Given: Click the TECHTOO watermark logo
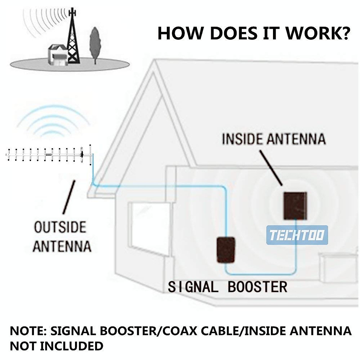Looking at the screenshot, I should coord(297,235).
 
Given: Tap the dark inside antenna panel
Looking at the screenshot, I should coord(295,205).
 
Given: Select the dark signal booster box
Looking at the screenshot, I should coord(226,250).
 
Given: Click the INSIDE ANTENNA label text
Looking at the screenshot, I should coord(274,139).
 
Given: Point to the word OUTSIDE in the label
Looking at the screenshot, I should coord(60,227).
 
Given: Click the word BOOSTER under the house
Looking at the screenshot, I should coord(257,287).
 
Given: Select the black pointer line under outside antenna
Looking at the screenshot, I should coord(69,196).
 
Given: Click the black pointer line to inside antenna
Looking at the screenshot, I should coord(271,168).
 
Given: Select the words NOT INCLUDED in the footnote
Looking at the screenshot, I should coord(57,346).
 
